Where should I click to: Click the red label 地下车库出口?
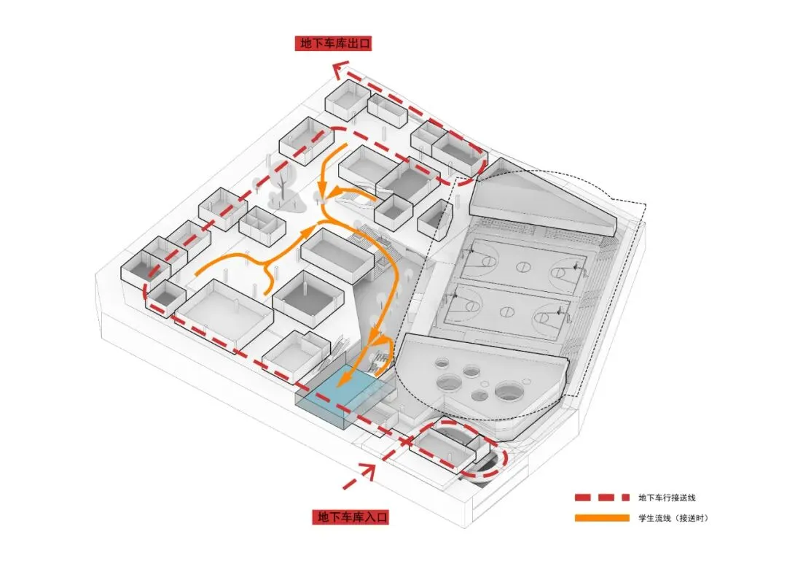coord(334,44)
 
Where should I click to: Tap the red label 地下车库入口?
coord(352,517)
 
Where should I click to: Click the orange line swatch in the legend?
coord(601,518)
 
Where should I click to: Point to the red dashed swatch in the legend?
coord(601,498)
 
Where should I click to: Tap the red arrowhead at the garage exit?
coord(338,69)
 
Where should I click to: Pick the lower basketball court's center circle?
coord(504,312)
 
